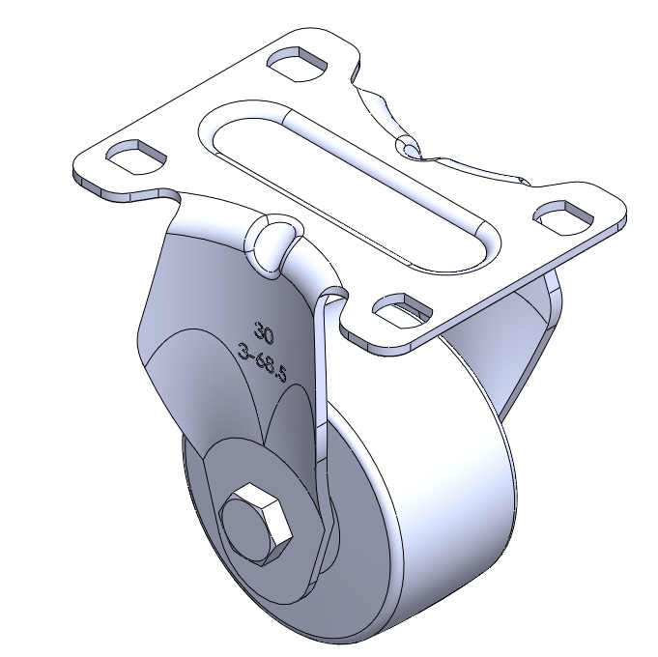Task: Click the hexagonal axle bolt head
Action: pyautogui.click(x=255, y=525)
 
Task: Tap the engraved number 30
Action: pyautogui.click(x=264, y=333)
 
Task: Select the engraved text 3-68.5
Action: pyautogui.click(x=262, y=362)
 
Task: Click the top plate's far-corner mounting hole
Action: pyautogui.click(x=297, y=64)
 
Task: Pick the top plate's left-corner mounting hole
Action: pyautogui.click(x=136, y=157)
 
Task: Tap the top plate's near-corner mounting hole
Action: pyautogui.click(x=402, y=310)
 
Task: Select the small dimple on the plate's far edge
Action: pyautogui.click(x=408, y=147)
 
